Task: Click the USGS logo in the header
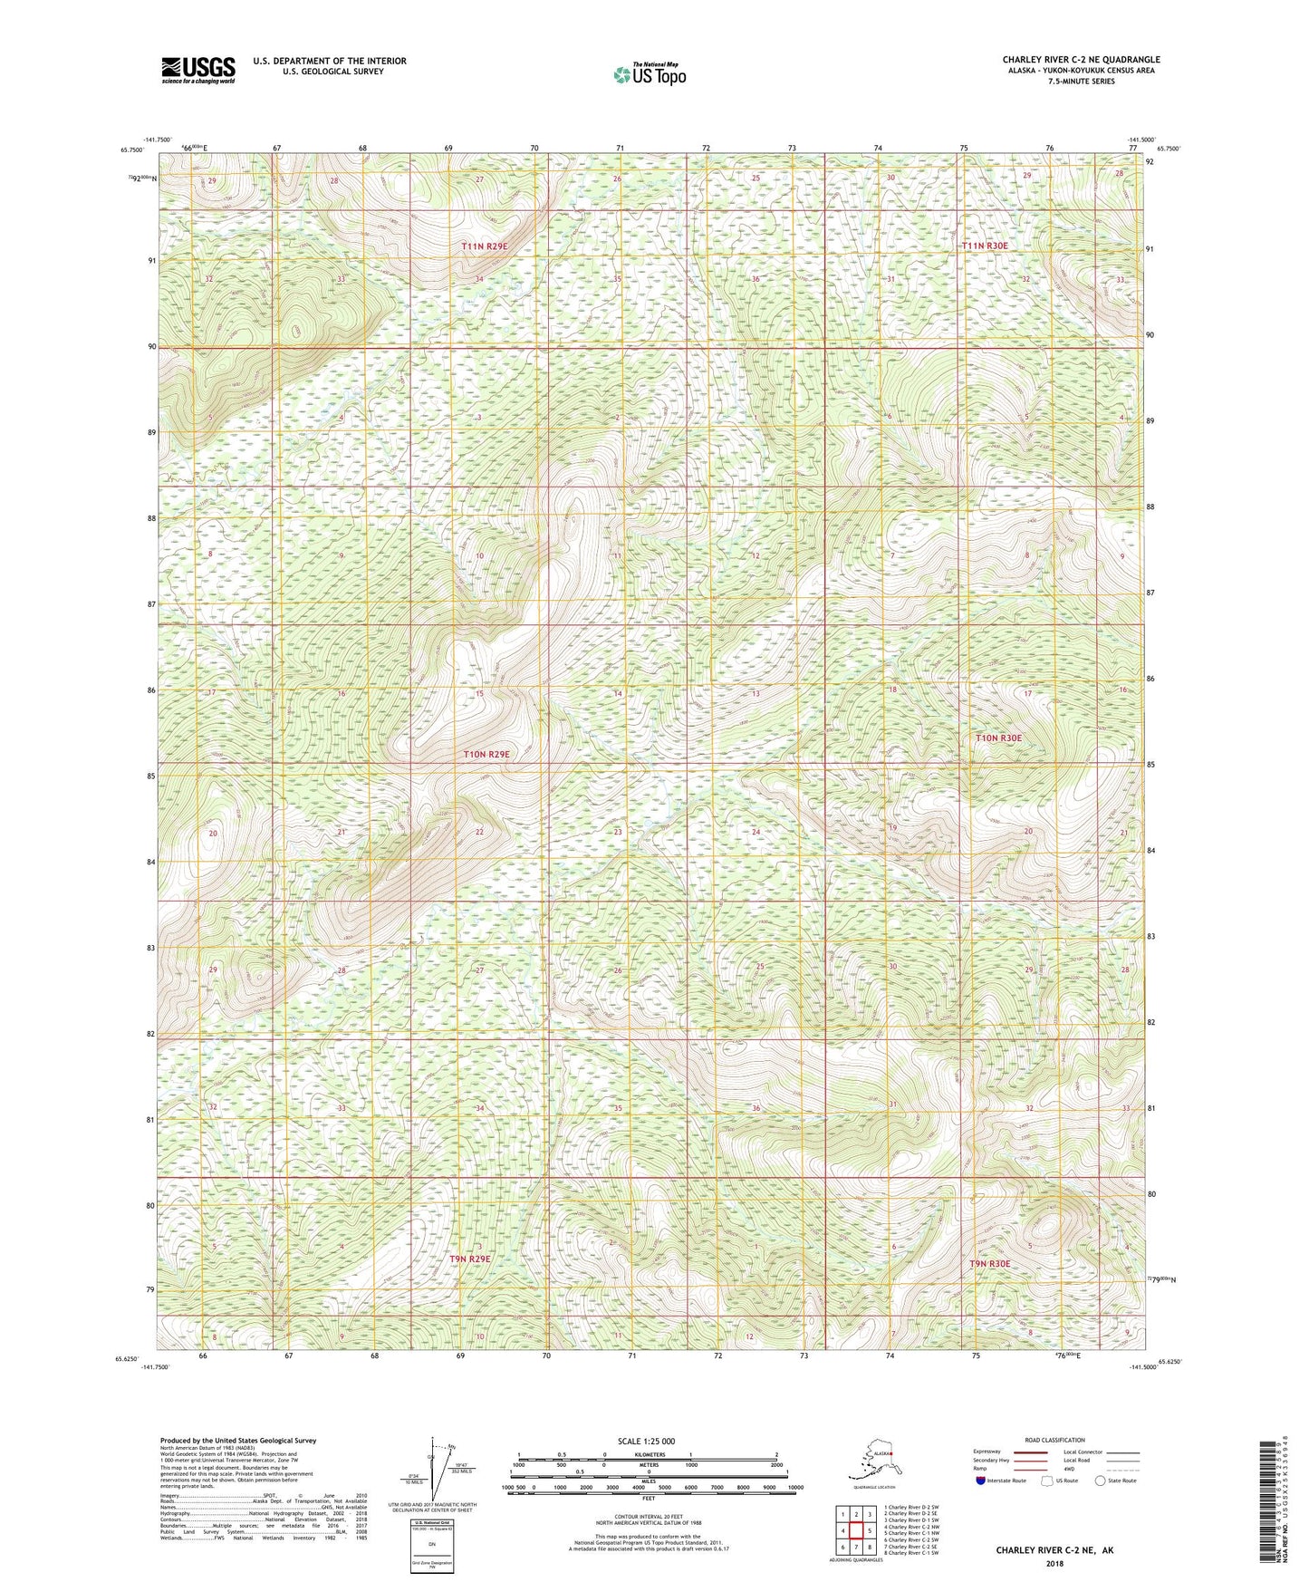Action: pyautogui.click(x=198, y=70)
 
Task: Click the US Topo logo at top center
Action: pyautogui.click(x=649, y=74)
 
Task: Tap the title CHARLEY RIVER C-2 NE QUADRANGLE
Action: pyautogui.click(x=1081, y=60)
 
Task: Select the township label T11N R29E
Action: pyautogui.click(x=485, y=246)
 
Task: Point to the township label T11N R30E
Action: pyautogui.click(x=984, y=246)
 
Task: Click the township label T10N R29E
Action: pyautogui.click(x=486, y=754)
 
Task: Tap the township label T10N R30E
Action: pyautogui.click(x=998, y=738)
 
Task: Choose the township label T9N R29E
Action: pyautogui.click(x=469, y=1259)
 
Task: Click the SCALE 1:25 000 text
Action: pyautogui.click(x=647, y=1441)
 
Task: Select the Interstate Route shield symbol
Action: pyautogui.click(x=981, y=1481)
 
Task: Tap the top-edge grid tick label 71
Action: pyautogui.click(x=620, y=147)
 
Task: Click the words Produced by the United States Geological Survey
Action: pyautogui.click(x=237, y=1440)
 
